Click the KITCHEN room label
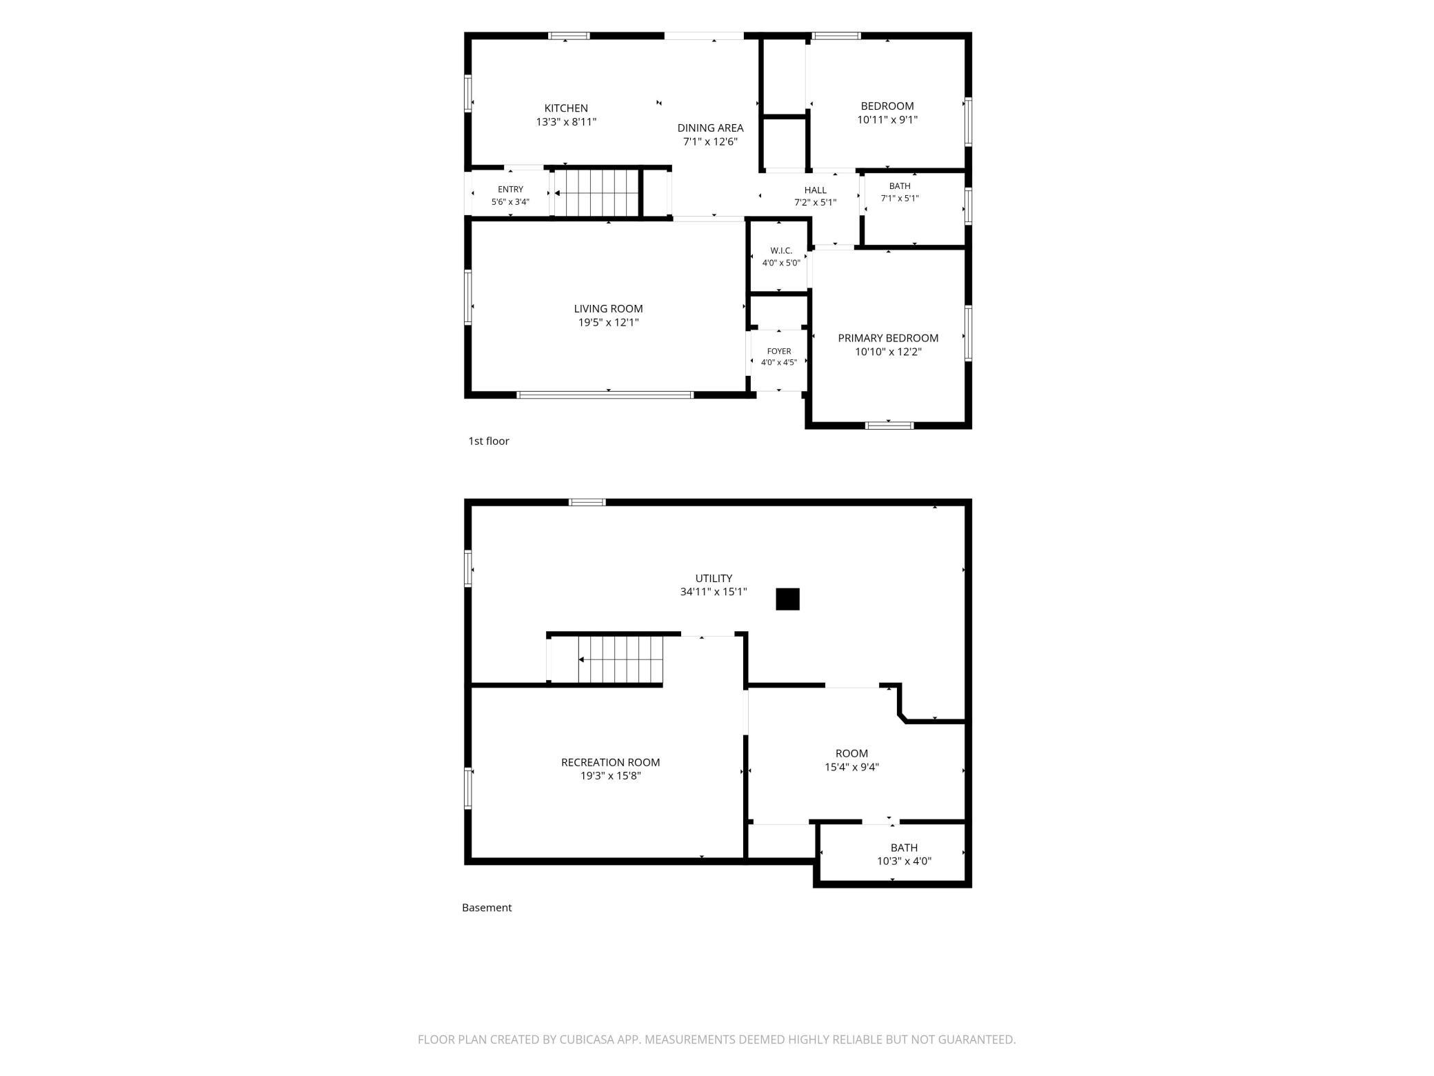tap(566, 108)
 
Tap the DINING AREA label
tap(710, 128)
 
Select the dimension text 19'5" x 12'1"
tap(609, 322)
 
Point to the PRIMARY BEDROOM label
tap(888, 338)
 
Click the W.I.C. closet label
tap(781, 250)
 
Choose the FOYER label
tap(779, 351)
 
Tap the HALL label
tap(815, 190)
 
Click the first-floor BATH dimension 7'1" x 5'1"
tap(900, 199)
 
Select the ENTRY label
tap(510, 190)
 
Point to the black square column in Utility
tap(787, 599)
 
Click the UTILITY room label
tap(714, 578)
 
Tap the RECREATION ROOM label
tap(610, 762)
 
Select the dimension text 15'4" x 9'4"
tap(851, 767)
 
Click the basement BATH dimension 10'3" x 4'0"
tap(904, 861)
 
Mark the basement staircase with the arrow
tap(605, 659)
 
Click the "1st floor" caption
tap(489, 441)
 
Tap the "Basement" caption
tap(487, 908)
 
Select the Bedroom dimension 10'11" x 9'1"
tap(887, 119)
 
